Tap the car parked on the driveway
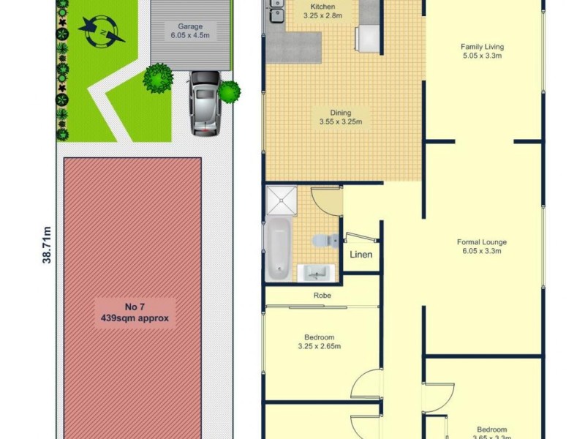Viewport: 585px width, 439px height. tap(205, 103)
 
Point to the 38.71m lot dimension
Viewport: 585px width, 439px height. tap(47, 244)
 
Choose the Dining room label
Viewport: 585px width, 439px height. tap(341, 117)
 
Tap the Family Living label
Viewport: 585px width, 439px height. tap(483, 50)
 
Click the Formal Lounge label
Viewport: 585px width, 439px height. tap(482, 246)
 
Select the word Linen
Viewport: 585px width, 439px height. tap(361, 255)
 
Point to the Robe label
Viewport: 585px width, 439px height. tap(322, 296)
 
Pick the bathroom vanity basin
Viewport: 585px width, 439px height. tap(317, 273)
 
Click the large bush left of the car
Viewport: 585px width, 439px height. tap(157, 77)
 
